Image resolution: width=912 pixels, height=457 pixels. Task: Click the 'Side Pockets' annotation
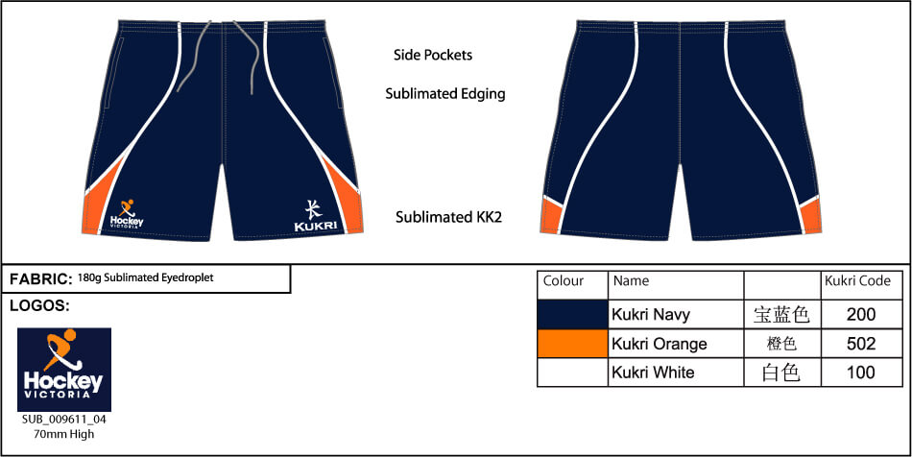[433, 55]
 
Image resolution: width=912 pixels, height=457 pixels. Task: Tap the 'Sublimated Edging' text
[444, 94]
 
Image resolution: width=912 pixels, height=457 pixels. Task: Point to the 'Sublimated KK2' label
[448, 217]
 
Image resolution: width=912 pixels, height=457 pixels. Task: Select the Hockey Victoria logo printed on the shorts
[127, 213]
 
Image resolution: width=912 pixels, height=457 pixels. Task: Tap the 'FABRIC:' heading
[41, 279]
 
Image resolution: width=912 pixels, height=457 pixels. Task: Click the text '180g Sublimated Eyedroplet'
[146, 277]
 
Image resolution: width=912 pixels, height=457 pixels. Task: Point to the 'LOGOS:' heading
[38, 306]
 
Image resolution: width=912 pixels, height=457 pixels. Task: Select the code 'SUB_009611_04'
[63, 420]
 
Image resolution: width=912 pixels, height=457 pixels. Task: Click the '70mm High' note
[64, 433]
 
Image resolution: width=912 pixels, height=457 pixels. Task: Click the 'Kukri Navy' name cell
[651, 314]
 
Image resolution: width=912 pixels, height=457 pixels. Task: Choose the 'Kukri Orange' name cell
[659, 344]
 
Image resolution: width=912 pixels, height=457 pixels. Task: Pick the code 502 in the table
[862, 344]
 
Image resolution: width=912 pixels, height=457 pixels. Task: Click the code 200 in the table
[862, 314]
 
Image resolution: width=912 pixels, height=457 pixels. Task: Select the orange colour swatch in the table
[572, 344]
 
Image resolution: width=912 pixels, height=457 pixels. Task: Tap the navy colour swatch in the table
[572, 314]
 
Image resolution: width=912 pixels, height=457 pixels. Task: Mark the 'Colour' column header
[564, 281]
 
